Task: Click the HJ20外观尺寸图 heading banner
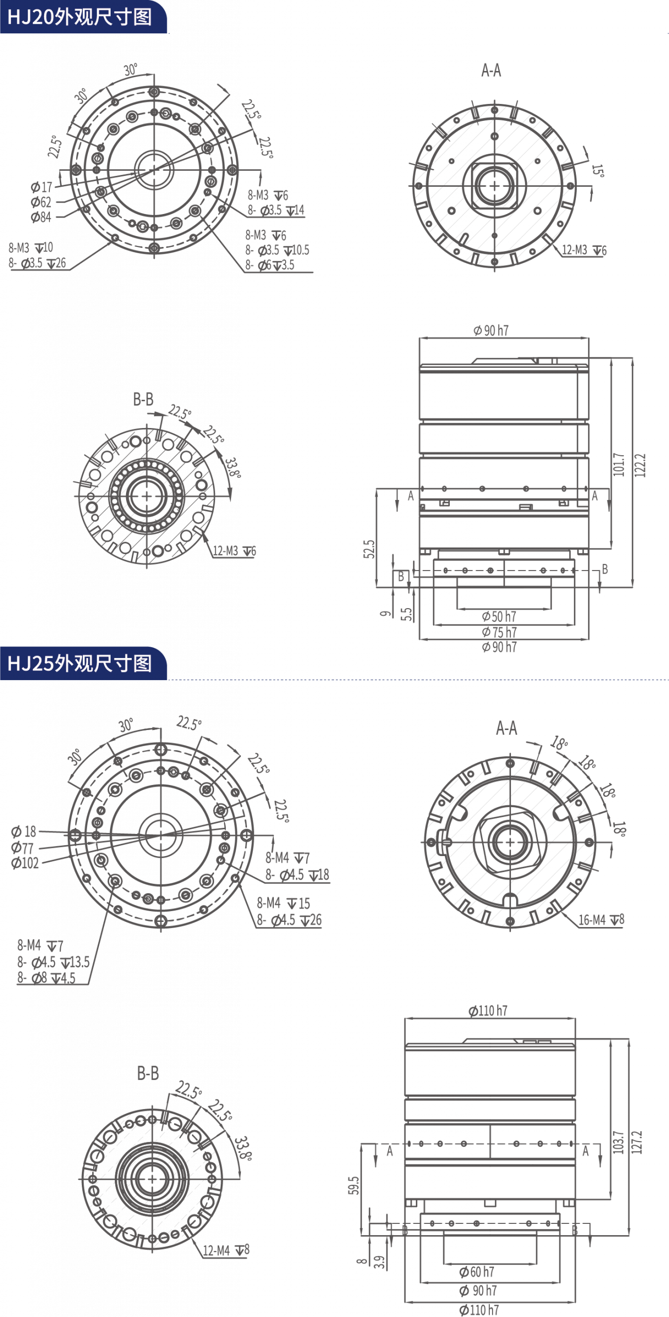point(83,17)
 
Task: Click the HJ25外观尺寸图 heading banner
point(83,663)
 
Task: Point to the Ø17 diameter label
point(41,187)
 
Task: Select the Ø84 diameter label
point(41,217)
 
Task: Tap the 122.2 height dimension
point(640,465)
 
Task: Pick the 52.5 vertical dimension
point(369,549)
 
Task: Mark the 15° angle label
point(597,170)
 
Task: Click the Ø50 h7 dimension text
point(499,616)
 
